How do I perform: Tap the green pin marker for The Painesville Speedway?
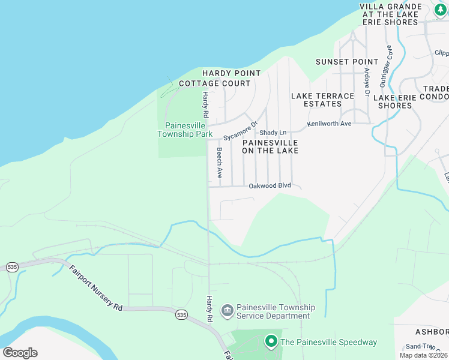(271, 342)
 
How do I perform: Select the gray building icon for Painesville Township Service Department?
(228, 310)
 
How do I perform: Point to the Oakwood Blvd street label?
(270, 186)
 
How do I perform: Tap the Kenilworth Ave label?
(329, 124)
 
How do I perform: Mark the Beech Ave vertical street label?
(220, 163)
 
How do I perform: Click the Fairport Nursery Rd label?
(95, 288)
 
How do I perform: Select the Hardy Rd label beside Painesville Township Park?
(205, 105)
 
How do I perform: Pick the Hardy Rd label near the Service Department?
(209, 309)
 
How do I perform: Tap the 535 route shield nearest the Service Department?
(181, 314)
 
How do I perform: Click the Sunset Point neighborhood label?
(348, 62)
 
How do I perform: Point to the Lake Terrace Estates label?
(322, 100)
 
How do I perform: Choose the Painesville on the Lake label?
(270, 146)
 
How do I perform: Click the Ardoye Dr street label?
(366, 82)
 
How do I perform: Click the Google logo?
(20, 353)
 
